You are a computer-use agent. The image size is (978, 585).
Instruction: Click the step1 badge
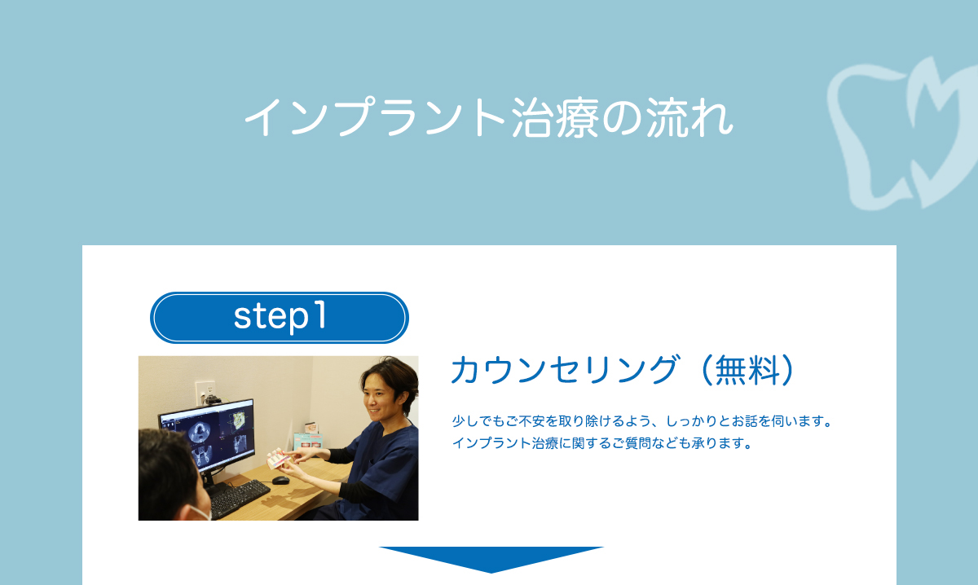[279, 317]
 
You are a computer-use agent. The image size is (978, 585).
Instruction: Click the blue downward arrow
[491, 558]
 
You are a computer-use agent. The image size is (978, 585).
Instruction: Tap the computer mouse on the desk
[280, 480]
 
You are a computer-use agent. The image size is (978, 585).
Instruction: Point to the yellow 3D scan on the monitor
[238, 421]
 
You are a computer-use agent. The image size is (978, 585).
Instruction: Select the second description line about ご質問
[601, 444]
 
